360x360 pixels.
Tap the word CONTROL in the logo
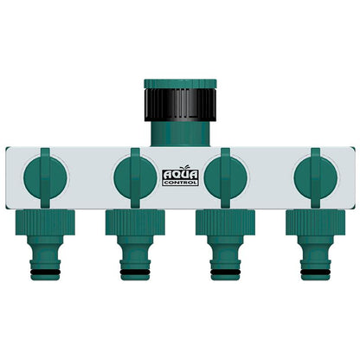click(180, 182)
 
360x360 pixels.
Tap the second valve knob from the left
click(134, 174)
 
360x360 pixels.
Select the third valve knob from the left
click(225, 174)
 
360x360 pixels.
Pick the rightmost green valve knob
click(314, 174)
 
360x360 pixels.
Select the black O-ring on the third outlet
click(225, 274)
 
